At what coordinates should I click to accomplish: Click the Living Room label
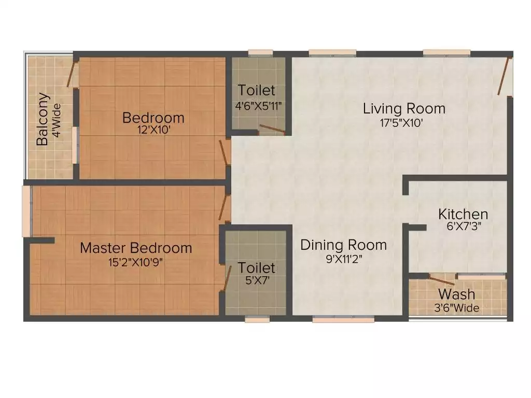(x=404, y=109)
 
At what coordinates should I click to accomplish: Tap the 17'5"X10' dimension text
(x=404, y=123)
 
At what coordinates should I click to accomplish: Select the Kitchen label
(x=463, y=214)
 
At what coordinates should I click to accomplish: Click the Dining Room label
(x=343, y=245)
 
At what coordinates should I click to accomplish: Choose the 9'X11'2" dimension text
(x=343, y=259)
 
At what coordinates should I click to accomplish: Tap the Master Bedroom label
(x=136, y=248)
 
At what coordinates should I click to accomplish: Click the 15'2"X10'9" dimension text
(x=136, y=262)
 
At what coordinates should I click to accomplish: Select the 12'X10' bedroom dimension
(x=153, y=131)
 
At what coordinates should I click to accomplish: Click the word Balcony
(x=44, y=119)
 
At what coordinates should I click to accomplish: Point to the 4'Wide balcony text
(x=57, y=121)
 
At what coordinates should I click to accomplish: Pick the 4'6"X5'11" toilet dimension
(x=258, y=105)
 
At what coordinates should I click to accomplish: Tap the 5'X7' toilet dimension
(x=256, y=281)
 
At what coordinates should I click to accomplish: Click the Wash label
(x=457, y=294)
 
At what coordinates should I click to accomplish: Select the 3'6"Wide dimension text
(x=457, y=308)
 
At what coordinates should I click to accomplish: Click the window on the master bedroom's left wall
(x=25, y=211)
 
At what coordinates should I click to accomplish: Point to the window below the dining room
(x=343, y=320)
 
